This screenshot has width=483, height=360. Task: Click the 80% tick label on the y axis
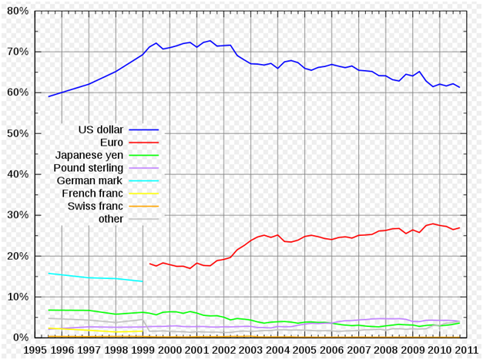click(x=18, y=11)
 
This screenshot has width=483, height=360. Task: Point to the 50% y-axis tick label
click(x=18, y=133)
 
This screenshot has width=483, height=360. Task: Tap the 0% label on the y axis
click(x=20, y=337)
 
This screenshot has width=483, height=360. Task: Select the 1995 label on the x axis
click(x=35, y=351)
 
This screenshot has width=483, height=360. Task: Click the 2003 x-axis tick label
click(x=250, y=351)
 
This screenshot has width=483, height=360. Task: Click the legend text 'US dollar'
click(x=101, y=130)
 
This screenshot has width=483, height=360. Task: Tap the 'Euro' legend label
click(x=112, y=143)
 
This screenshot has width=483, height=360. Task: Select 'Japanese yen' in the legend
click(x=89, y=156)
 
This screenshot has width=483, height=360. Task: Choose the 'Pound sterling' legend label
click(x=89, y=168)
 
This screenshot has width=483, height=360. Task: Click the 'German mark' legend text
click(x=89, y=180)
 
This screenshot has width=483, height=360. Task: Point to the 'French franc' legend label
click(x=92, y=193)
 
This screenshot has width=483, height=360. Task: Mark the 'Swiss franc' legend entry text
click(x=96, y=206)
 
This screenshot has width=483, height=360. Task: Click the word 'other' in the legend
click(x=111, y=219)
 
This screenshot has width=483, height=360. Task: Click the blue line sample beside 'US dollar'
click(x=144, y=130)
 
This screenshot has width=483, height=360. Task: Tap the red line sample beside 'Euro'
click(x=144, y=143)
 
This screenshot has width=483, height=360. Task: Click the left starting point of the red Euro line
click(x=149, y=264)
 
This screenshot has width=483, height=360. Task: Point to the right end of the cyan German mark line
click(x=143, y=281)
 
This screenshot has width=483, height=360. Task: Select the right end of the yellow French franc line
click(x=143, y=331)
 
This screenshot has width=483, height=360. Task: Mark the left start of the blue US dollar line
click(x=49, y=96)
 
